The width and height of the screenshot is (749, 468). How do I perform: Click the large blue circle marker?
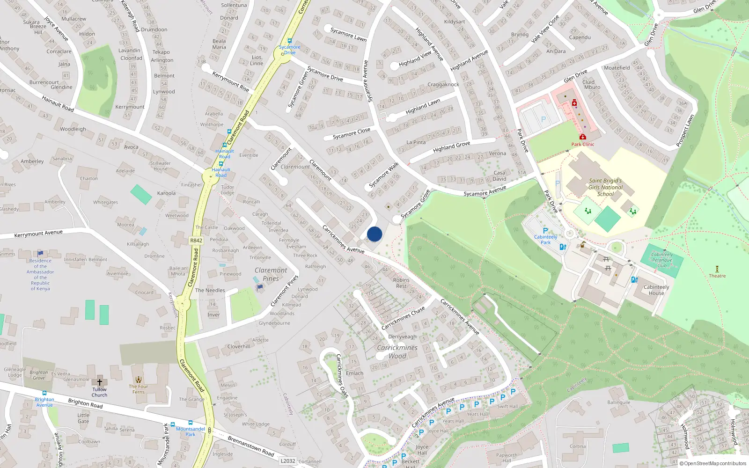coord(374,234)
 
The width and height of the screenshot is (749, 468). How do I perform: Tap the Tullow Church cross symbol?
coord(99,382)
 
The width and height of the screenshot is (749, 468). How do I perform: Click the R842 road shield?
coord(196,241)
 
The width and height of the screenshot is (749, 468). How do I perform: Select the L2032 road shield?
coord(288,461)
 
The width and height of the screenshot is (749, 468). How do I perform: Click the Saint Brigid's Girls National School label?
coord(605,187)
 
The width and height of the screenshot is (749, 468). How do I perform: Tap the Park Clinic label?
coord(582,144)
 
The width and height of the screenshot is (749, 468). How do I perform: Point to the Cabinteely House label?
coord(656,290)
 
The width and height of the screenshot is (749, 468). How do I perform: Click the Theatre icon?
coord(717,269)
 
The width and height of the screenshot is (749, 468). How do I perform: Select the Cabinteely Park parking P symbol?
coord(545,231)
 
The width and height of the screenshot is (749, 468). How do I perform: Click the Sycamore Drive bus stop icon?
coord(290,41)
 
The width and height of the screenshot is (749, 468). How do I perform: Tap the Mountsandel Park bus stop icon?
coord(191,423)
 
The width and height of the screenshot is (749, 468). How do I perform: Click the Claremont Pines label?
coord(271,274)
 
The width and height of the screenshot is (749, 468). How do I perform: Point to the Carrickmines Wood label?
coord(397,351)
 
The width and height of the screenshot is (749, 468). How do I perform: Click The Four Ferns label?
coord(138,389)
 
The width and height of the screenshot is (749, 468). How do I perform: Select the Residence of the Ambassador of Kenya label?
coord(40,274)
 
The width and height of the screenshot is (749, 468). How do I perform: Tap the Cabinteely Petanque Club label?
coord(662,260)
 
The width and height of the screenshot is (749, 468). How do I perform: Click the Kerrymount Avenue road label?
coord(38,234)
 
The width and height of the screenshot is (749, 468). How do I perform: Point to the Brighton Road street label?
coord(85,403)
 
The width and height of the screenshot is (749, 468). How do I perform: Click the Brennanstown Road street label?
coord(250,446)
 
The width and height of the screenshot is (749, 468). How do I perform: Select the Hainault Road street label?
coord(58,103)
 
